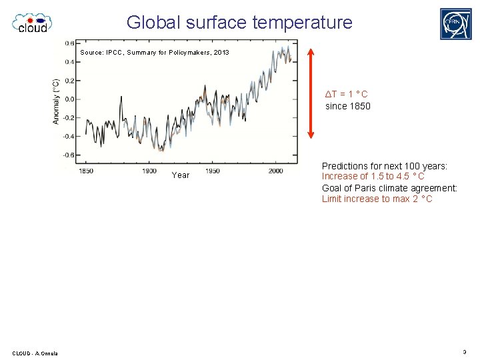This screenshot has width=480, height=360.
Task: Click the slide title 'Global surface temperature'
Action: pyautogui.click(x=239, y=22)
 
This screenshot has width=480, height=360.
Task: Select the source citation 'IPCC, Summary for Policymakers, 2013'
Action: pyautogui.click(x=155, y=52)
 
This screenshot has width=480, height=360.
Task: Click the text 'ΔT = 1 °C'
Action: pyautogui.click(x=346, y=94)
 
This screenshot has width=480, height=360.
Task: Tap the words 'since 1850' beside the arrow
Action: pyautogui.click(x=347, y=106)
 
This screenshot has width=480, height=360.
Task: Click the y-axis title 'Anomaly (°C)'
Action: pyautogui.click(x=57, y=101)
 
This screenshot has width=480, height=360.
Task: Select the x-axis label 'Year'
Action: pyautogui.click(x=180, y=175)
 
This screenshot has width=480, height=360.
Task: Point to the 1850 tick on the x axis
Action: pyautogui.click(x=86, y=171)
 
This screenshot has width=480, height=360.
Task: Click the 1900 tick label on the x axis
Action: pyautogui.click(x=149, y=171)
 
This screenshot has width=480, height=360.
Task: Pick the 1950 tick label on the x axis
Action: pyautogui.click(x=212, y=171)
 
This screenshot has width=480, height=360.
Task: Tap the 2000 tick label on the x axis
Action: pyautogui.click(x=275, y=171)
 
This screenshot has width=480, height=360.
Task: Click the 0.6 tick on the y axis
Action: pyautogui.click(x=69, y=43)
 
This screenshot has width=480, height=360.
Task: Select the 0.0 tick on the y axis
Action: pyautogui.click(x=69, y=99)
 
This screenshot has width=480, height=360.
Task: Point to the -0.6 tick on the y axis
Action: pyautogui.click(x=68, y=155)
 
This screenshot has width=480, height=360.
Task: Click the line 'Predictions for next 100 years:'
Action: pyautogui.click(x=384, y=166)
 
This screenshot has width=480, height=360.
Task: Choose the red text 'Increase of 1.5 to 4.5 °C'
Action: pyautogui.click(x=373, y=177)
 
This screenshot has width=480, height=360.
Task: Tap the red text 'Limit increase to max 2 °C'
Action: pyautogui.click(x=377, y=199)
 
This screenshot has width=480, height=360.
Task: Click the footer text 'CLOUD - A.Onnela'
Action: pyautogui.click(x=35, y=353)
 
